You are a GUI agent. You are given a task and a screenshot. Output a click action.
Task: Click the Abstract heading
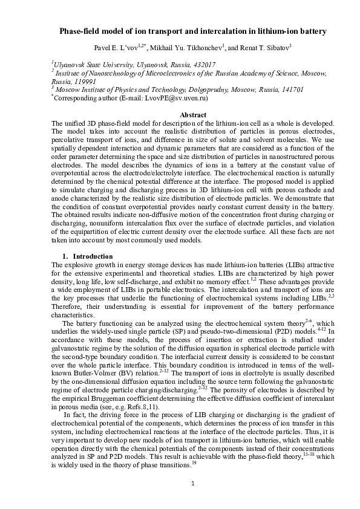[180, 114]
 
